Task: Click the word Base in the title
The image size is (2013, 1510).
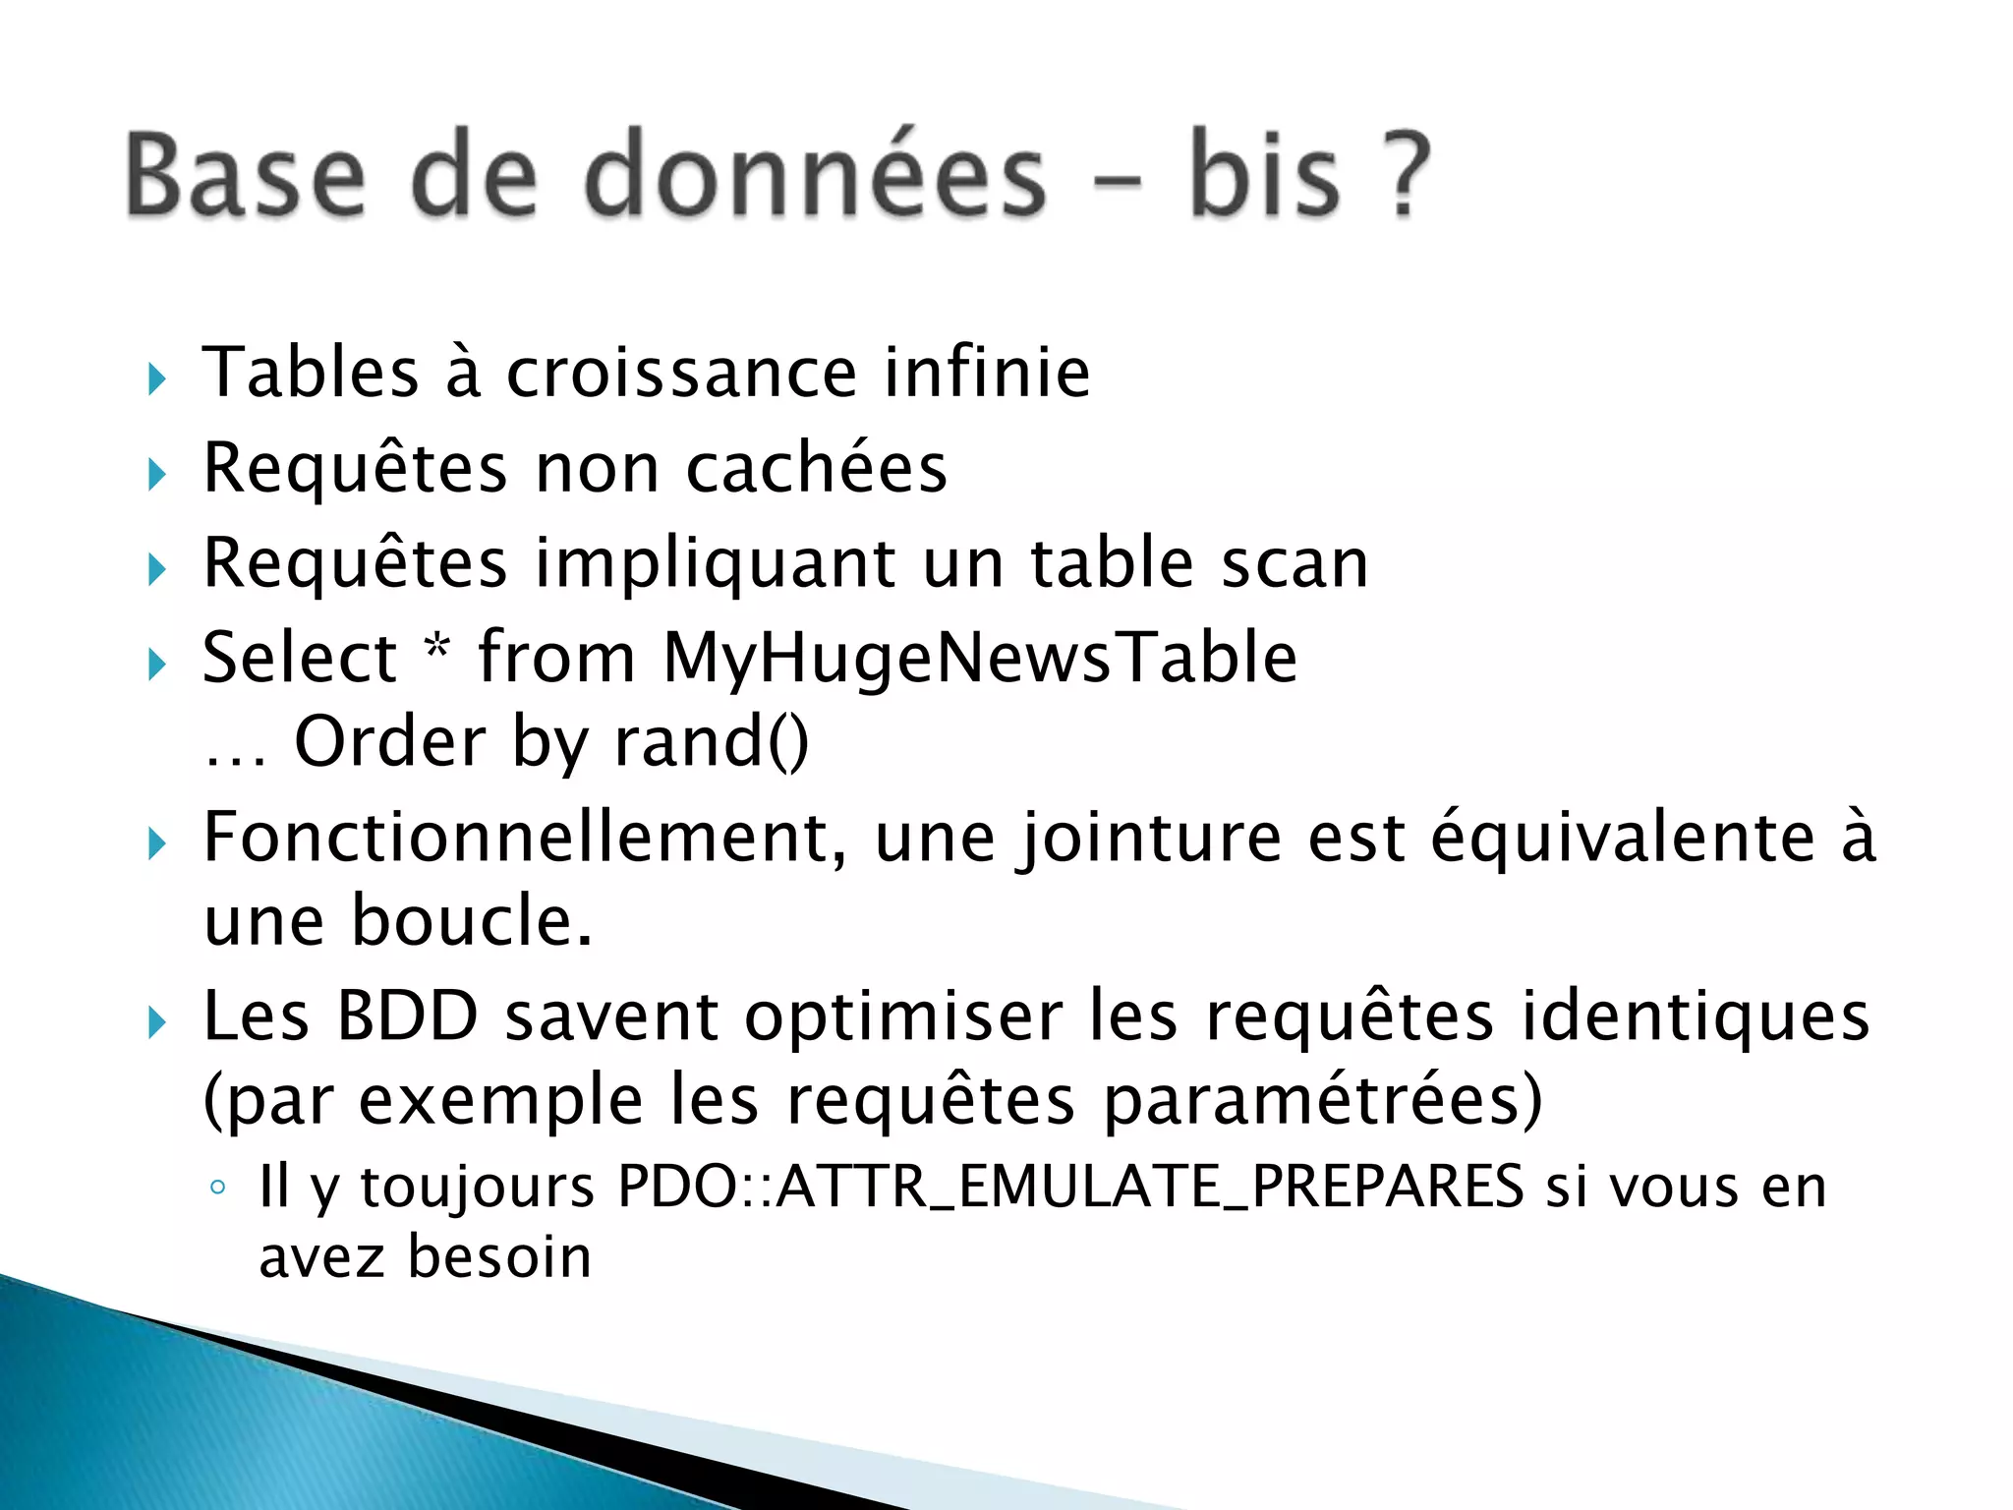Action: (245, 174)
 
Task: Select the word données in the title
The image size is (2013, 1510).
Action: (815, 174)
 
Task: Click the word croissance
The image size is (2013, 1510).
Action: (681, 373)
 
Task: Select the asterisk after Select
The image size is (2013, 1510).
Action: (436, 649)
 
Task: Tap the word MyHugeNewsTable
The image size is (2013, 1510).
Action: (980, 658)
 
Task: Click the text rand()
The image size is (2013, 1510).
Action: (711, 742)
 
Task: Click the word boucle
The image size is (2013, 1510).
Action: (472, 921)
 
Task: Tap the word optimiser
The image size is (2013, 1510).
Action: (903, 1017)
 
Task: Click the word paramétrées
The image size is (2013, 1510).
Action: (1322, 1101)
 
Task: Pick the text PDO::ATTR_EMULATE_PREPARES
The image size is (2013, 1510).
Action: (1070, 1187)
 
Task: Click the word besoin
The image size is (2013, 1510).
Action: (499, 1257)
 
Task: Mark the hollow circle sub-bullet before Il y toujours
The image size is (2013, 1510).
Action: (218, 1188)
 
